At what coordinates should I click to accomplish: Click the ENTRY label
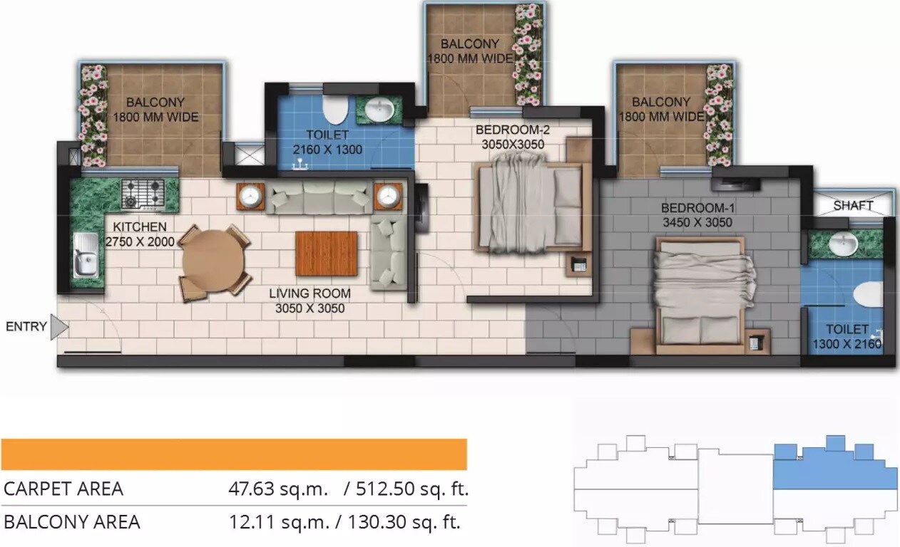click(26, 327)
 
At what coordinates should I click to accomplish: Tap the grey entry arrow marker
click(60, 327)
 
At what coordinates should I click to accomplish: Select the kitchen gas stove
click(143, 192)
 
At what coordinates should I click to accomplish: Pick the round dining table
click(213, 261)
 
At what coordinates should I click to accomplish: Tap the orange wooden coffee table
click(326, 254)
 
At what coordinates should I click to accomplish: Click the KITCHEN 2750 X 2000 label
click(140, 234)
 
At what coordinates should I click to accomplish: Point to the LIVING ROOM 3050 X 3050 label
click(310, 301)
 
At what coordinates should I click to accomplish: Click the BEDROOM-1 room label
click(697, 215)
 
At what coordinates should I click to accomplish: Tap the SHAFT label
click(853, 205)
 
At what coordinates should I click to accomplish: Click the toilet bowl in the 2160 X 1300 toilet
click(334, 109)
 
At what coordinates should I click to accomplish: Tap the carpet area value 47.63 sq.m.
click(278, 489)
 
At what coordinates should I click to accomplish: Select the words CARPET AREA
click(63, 489)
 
